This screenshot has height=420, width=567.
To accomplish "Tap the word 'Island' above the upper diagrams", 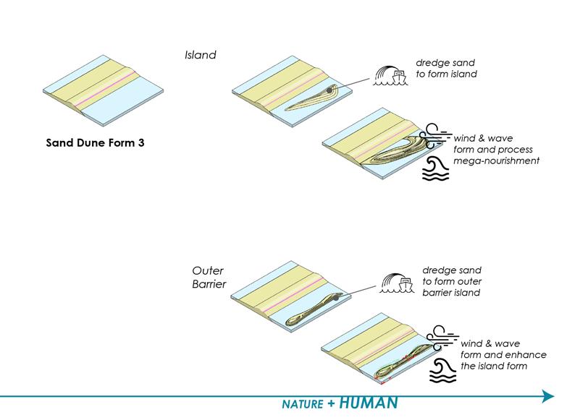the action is click(201, 55).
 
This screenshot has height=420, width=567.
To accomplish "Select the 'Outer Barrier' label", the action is click(209, 278).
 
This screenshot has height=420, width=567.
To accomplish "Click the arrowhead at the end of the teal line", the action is click(547, 395).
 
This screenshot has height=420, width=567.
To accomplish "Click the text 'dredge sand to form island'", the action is click(446, 68).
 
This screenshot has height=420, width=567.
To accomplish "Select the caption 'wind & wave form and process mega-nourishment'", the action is click(496, 149).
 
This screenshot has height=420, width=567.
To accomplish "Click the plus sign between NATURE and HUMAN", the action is click(330, 403).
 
